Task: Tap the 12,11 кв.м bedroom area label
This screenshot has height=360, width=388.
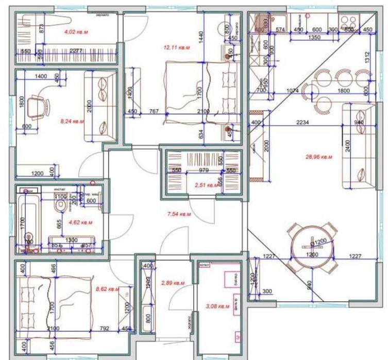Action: coord(177,48)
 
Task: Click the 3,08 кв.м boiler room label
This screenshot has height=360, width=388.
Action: coord(216,306)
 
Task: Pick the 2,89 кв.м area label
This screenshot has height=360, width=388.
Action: coord(172,283)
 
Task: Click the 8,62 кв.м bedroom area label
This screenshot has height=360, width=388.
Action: coord(108,289)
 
